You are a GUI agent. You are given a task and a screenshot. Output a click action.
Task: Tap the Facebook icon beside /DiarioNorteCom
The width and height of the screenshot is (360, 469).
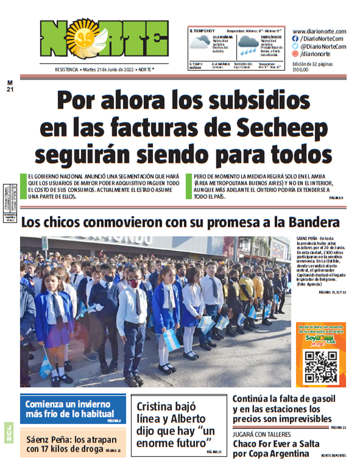(x=295, y=39)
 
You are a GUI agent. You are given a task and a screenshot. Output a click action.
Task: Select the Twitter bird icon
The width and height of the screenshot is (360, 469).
(x=295, y=47)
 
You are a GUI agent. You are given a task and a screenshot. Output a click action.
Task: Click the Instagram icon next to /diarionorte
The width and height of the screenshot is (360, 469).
(x=295, y=54)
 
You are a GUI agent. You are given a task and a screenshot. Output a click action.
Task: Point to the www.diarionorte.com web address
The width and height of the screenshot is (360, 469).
(x=319, y=31)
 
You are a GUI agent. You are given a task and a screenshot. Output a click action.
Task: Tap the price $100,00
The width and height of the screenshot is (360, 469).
(x=300, y=70)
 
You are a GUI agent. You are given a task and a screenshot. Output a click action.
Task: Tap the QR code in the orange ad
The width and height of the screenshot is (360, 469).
(x=321, y=367)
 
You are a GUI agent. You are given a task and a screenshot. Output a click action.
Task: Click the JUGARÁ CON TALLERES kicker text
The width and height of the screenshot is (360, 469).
(x=262, y=434)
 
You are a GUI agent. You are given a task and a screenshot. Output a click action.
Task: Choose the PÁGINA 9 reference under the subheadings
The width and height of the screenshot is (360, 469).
(x=336, y=198)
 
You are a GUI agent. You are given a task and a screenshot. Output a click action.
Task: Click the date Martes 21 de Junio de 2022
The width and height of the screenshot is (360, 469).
(x=108, y=70)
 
